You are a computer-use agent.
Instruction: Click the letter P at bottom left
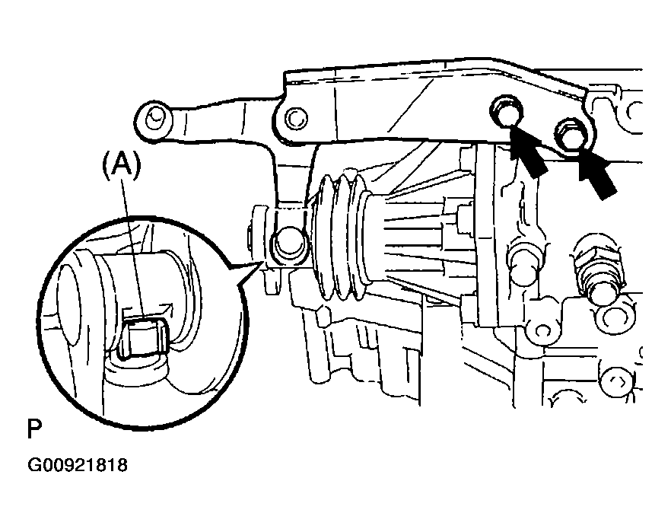(34, 429)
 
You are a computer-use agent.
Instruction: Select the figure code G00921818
(78, 465)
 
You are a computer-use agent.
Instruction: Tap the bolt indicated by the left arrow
(507, 111)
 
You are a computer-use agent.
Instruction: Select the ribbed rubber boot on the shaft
(341, 236)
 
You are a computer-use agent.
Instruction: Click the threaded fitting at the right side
(598, 266)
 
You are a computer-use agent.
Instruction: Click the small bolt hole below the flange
(542, 330)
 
